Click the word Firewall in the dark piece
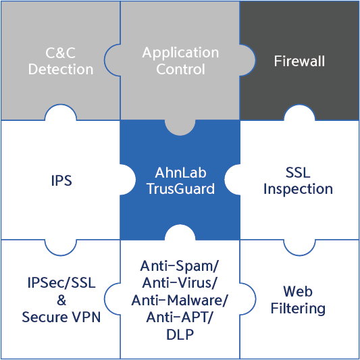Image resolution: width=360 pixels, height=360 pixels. (x=299, y=61)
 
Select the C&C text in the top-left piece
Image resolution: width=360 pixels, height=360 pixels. (x=60, y=53)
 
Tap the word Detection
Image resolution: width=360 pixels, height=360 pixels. (x=61, y=69)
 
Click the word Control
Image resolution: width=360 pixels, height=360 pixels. (x=180, y=69)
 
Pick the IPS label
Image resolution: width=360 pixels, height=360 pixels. (x=61, y=181)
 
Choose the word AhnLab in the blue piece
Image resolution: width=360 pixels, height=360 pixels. (x=180, y=172)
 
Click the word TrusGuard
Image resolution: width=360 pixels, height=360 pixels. (x=181, y=188)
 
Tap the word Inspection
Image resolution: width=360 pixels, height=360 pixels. (x=298, y=190)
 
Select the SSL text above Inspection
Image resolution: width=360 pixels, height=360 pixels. (x=298, y=172)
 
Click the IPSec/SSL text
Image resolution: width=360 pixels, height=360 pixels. (x=61, y=283)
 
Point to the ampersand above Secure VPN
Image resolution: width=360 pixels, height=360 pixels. (x=61, y=300)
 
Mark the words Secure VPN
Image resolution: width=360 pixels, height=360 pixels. (x=61, y=317)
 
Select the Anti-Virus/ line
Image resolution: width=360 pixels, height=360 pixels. (x=179, y=284)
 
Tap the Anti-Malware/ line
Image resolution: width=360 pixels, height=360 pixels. (x=179, y=301)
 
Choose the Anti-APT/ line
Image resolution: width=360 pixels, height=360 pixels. (x=179, y=317)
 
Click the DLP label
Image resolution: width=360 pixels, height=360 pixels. (x=180, y=334)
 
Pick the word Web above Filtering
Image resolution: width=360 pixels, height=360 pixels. (x=298, y=291)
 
